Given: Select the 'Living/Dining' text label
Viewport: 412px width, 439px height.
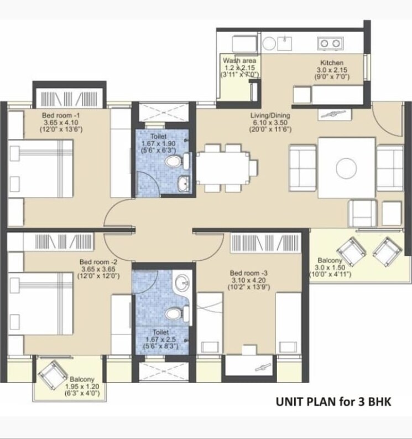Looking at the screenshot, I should click(x=270, y=115).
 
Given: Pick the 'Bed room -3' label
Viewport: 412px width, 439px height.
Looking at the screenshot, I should click(x=249, y=273).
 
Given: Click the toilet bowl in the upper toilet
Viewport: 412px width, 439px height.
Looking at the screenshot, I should click(x=175, y=162).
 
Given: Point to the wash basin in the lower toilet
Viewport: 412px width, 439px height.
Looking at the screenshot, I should click(x=180, y=284).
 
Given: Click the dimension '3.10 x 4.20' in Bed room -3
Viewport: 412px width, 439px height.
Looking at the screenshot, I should click(x=249, y=280).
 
